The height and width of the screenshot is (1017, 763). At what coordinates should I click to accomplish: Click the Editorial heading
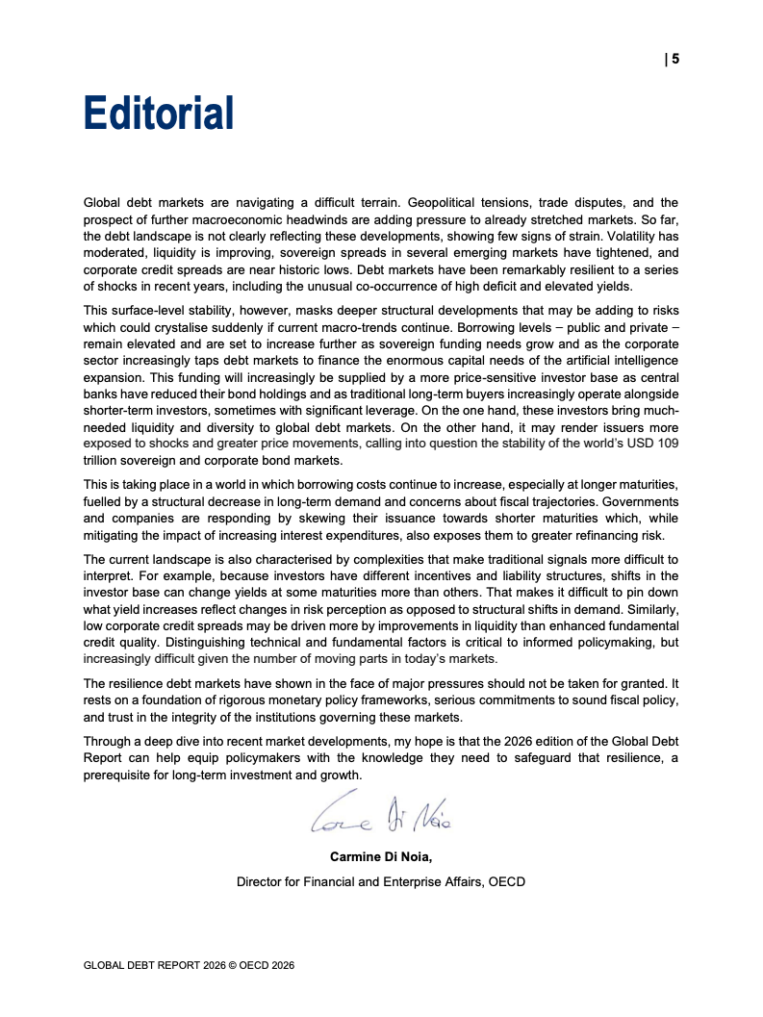point(159,113)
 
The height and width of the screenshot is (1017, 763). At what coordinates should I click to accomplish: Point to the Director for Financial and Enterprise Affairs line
point(381,881)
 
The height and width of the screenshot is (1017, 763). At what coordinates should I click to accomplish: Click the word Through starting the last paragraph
point(109,742)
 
